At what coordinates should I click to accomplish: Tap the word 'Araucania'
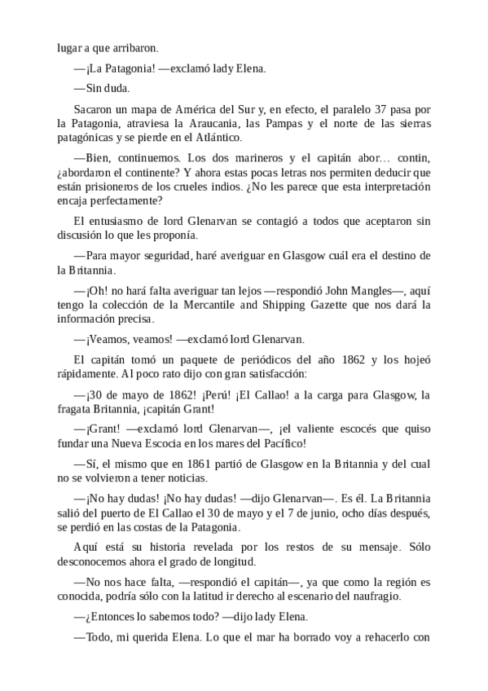click(x=218, y=123)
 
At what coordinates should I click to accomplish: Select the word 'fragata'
click(x=79, y=409)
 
